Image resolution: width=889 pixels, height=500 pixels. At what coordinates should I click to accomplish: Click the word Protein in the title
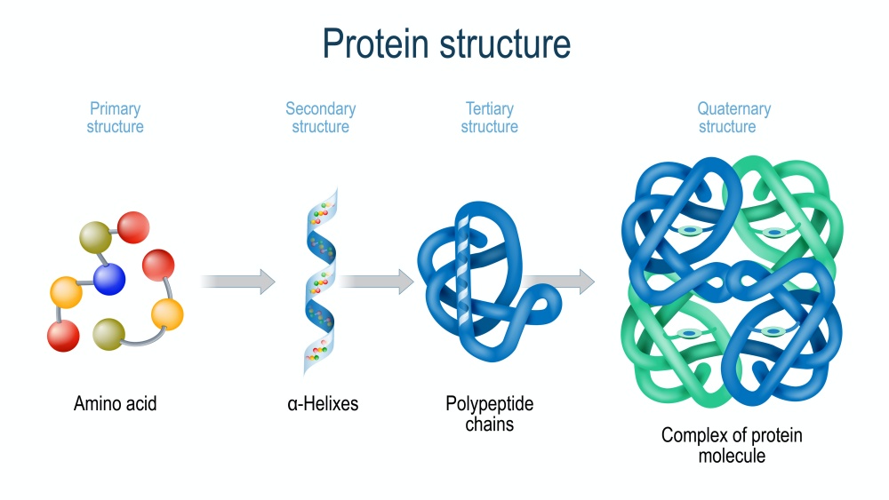[375, 44]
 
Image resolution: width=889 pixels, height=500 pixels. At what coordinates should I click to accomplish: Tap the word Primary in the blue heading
[115, 108]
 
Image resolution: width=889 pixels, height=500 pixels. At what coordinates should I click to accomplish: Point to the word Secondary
[320, 108]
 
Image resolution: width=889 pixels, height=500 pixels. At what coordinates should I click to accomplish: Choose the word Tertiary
[489, 108]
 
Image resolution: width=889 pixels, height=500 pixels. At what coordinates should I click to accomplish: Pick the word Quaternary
[733, 108]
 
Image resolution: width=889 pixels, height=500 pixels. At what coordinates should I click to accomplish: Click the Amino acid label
[115, 404]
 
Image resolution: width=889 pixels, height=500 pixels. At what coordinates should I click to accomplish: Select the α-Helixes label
[323, 404]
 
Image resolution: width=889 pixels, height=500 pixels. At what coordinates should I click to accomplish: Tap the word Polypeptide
[489, 404]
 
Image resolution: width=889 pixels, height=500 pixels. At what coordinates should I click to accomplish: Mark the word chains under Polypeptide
[489, 425]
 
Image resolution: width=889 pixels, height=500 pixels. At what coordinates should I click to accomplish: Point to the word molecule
[732, 456]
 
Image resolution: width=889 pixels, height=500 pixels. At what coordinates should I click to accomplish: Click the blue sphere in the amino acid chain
[108, 279]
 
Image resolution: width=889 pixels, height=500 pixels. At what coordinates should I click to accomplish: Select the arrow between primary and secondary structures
[238, 282]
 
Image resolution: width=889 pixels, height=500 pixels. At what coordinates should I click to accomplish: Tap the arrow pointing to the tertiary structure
[377, 282]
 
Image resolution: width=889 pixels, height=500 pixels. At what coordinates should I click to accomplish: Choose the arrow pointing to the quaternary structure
[558, 282]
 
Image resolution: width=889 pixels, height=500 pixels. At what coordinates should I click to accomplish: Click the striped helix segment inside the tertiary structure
[463, 271]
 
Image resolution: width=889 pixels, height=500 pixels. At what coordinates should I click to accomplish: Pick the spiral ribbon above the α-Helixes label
[320, 282]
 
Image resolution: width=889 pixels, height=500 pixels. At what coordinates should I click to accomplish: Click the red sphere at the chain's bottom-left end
[63, 336]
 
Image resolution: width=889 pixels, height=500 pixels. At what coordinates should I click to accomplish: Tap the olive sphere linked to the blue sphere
[95, 237]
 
